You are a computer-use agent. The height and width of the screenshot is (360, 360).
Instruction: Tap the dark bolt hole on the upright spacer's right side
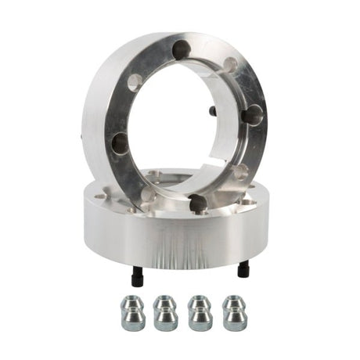coord(252,115)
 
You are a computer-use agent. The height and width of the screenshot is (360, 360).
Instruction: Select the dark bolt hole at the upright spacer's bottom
coord(198,203)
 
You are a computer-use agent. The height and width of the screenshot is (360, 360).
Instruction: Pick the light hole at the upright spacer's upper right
coord(231,65)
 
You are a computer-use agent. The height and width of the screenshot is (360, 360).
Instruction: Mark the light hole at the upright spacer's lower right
coord(240,172)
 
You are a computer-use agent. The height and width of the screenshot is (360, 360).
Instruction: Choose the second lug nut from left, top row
coord(165,303)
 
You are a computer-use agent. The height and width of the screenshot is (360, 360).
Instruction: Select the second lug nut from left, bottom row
coord(165,319)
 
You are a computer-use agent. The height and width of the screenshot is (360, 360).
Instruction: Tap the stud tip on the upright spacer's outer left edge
coord(83,135)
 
